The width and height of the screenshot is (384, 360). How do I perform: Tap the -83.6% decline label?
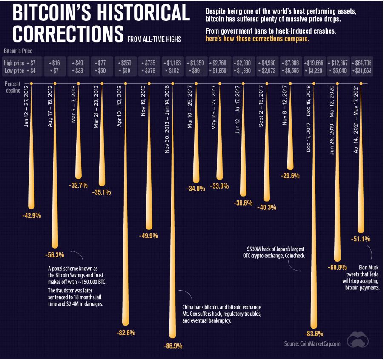pos(314,333)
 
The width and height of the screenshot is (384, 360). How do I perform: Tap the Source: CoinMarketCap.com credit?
pos(312,343)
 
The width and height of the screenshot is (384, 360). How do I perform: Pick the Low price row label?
pos(14,71)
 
